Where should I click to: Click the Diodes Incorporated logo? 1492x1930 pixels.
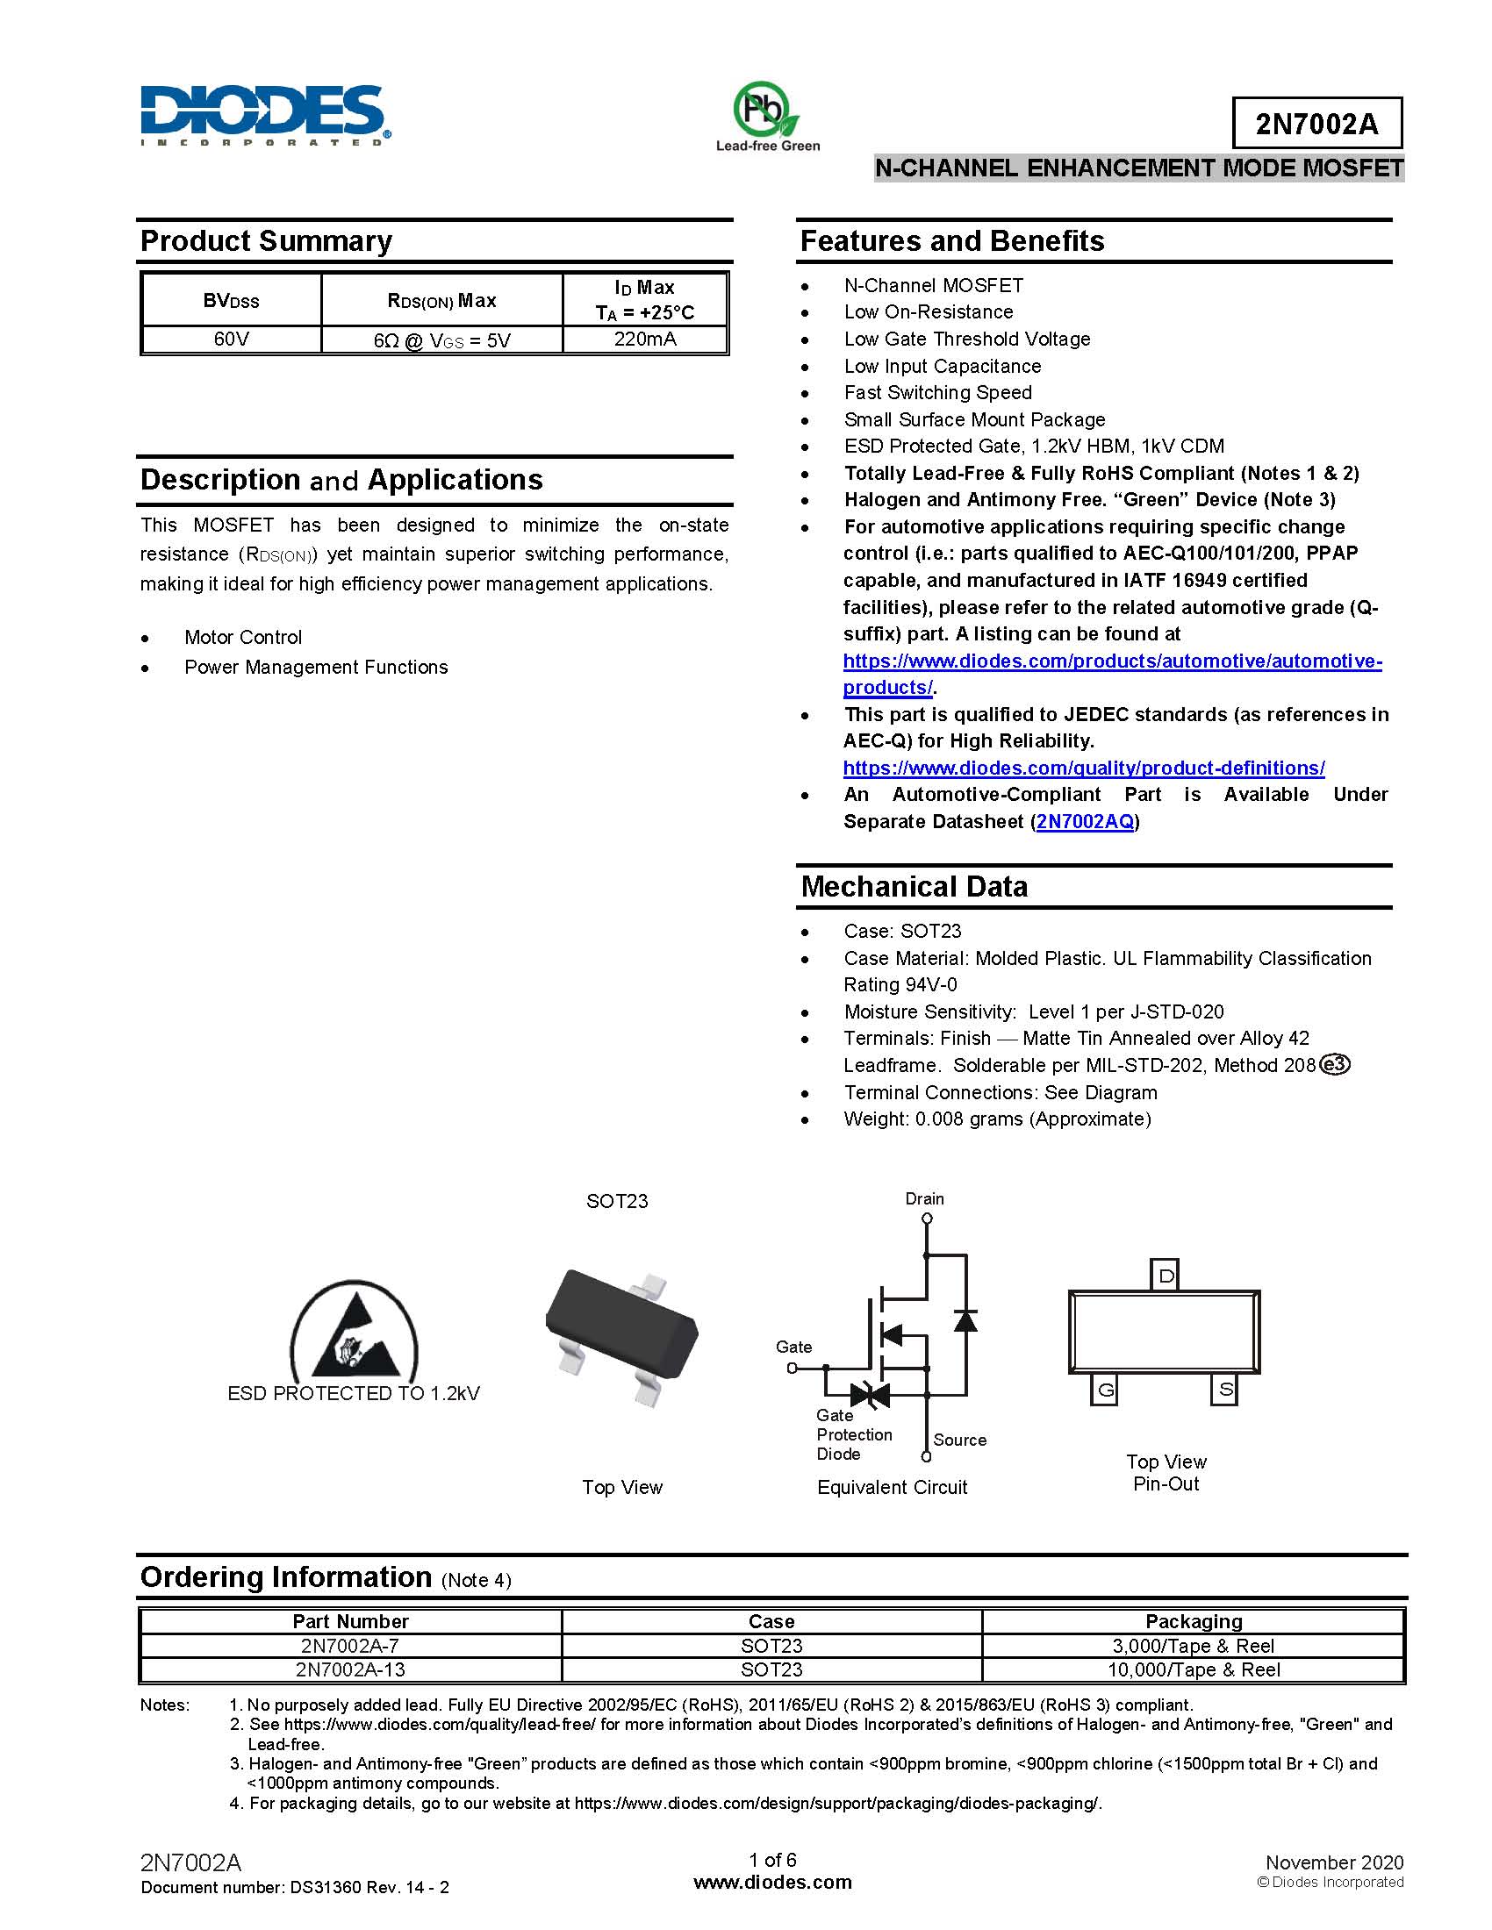tap(264, 115)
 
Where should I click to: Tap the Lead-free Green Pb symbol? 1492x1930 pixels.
tap(765, 110)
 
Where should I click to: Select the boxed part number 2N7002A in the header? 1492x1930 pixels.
tap(1316, 124)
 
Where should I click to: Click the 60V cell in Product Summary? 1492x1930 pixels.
tap(232, 340)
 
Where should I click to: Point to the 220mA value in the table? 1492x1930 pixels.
tap(645, 340)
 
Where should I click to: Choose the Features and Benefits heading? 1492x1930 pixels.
tap(952, 241)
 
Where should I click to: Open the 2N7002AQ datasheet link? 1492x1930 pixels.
tap(1085, 822)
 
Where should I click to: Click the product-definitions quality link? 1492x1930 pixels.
tap(1084, 768)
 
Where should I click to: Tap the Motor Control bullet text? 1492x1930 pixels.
tap(243, 637)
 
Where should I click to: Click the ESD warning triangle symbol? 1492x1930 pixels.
tap(355, 1333)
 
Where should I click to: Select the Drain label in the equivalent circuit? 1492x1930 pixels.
tap(924, 1198)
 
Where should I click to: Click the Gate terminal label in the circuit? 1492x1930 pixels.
tap(793, 1347)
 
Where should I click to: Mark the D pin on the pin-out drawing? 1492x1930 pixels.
tap(1166, 1276)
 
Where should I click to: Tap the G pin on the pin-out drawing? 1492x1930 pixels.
tap(1105, 1390)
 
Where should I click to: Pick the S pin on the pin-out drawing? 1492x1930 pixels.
tap(1225, 1390)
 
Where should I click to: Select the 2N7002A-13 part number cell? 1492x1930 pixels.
tap(350, 1669)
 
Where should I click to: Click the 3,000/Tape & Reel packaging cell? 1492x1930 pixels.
tap(1193, 1646)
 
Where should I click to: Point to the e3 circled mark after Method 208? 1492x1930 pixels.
tap(1334, 1065)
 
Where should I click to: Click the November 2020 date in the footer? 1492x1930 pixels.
tap(1334, 1862)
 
